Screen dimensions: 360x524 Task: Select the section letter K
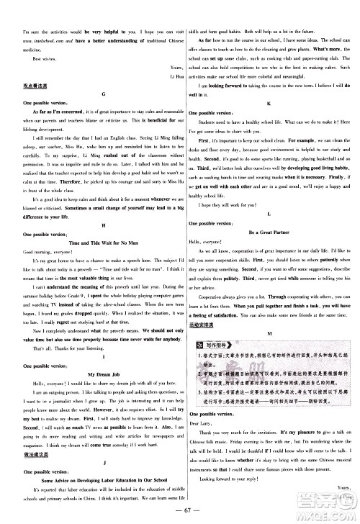tap(269, 104)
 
